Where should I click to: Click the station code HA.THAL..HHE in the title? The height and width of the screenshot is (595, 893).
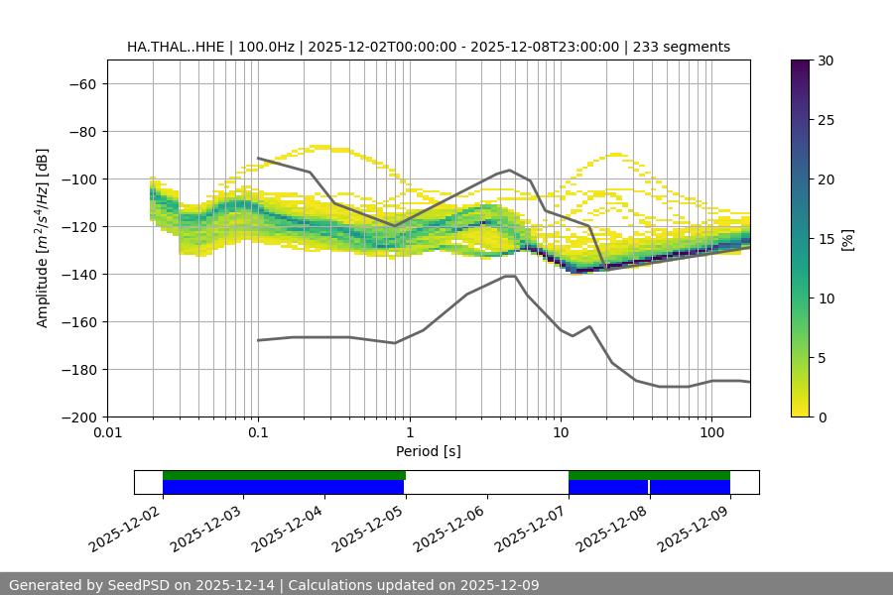click(170, 47)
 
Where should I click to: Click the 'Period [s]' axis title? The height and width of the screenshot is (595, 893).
click(428, 451)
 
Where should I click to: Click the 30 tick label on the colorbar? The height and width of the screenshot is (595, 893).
click(825, 60)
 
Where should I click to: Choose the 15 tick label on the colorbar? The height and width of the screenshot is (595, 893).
click(825, 239)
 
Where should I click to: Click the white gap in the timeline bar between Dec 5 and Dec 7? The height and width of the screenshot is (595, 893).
click(486, 482)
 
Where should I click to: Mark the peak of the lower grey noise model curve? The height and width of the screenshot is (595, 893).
click(510, 276)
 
